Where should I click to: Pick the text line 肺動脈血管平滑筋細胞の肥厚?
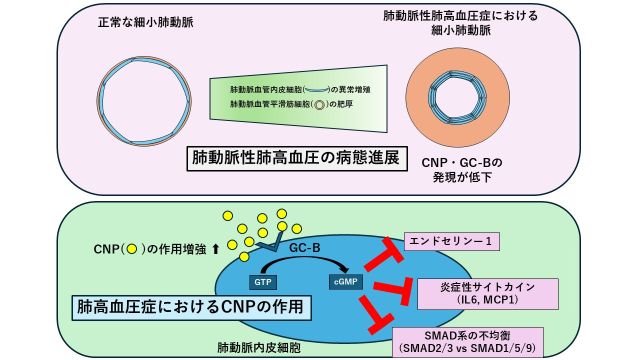(x=294, y=105)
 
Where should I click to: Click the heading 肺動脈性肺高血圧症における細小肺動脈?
(x=451, y=24)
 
